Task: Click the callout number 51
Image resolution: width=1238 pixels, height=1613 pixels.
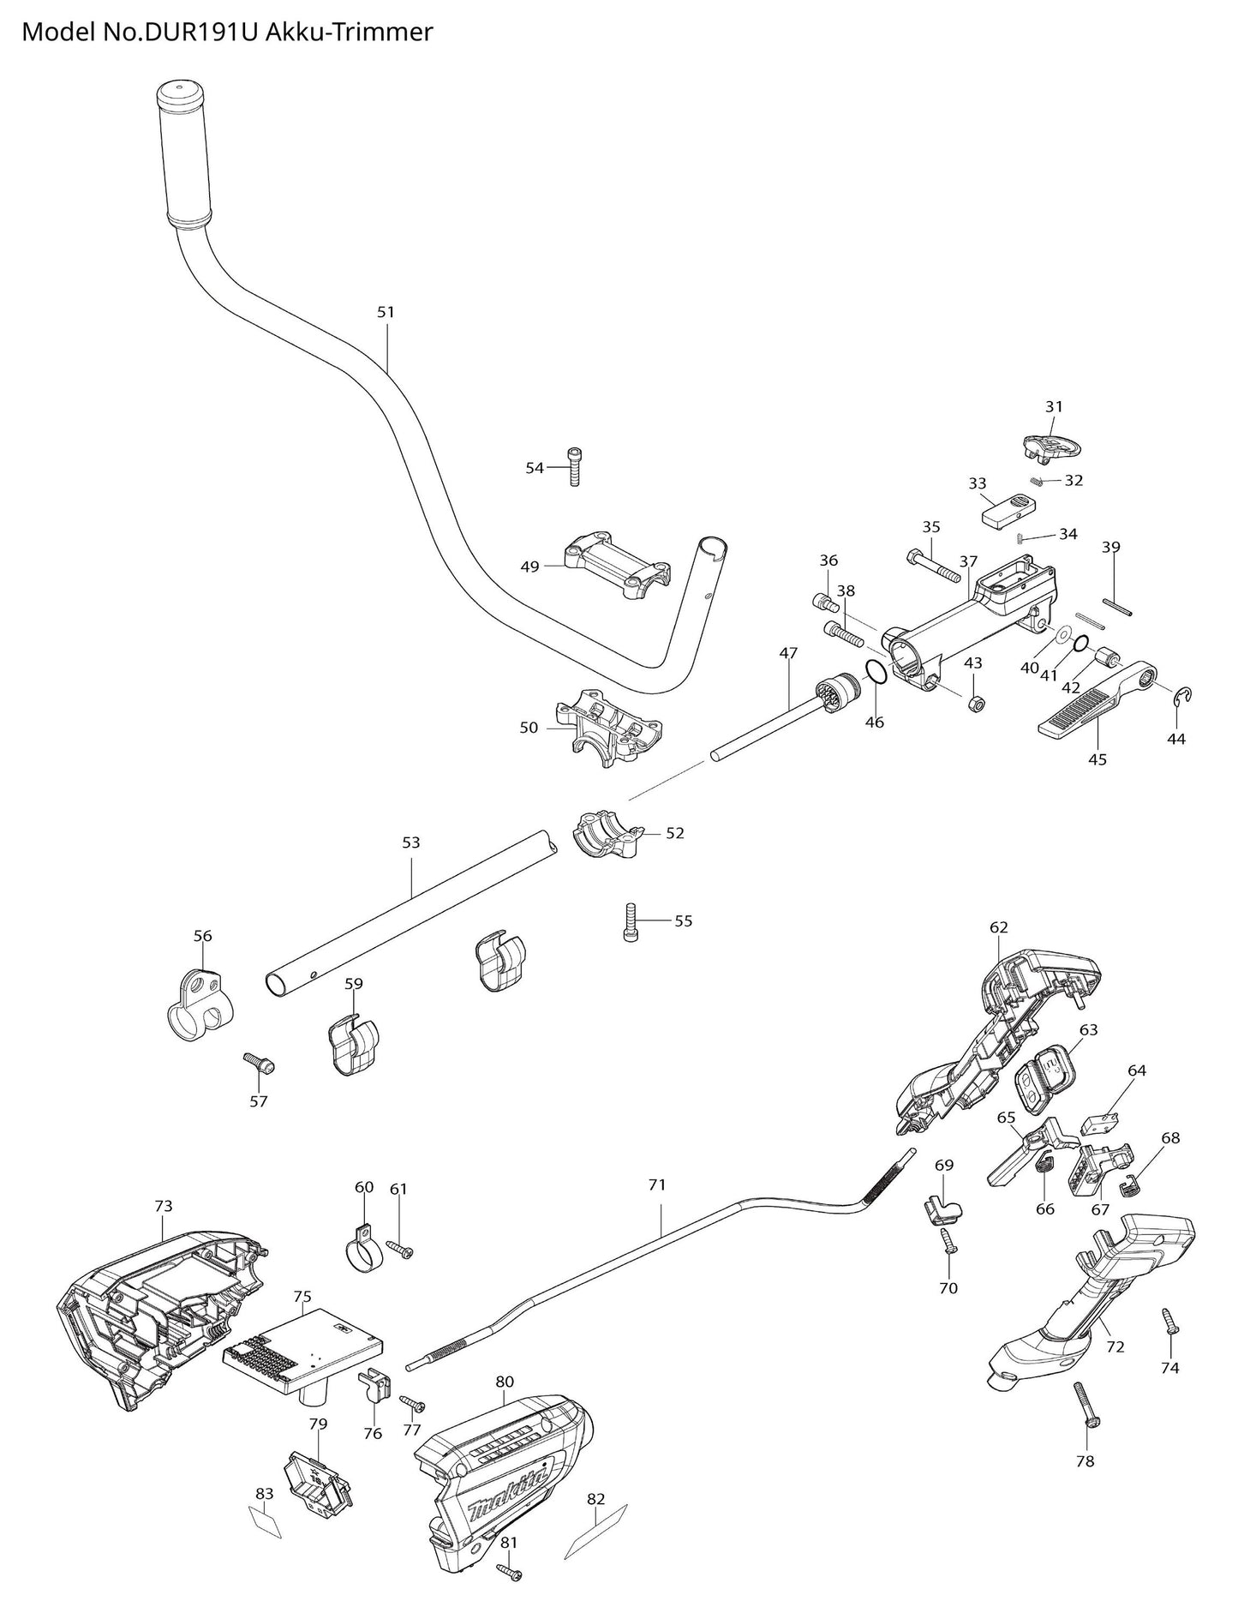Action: tap(386, 312)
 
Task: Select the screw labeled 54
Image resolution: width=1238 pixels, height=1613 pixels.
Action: tap(574, 467)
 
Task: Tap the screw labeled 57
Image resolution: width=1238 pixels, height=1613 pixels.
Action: tap(259, 1063)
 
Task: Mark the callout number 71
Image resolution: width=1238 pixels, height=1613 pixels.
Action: tap(656, 1185)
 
